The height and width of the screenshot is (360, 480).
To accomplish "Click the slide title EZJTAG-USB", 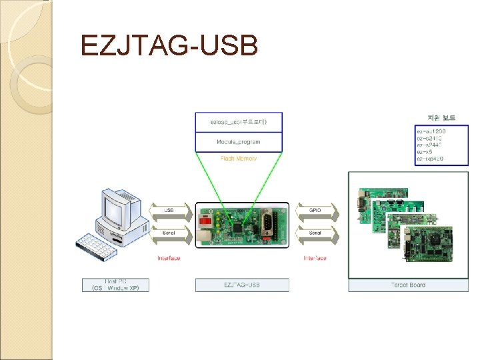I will coord(168,46).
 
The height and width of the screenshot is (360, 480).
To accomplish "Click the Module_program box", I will coord(238,142).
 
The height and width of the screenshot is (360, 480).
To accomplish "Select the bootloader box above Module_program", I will coord(238,122).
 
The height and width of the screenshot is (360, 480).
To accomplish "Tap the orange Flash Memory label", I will coord(238,158).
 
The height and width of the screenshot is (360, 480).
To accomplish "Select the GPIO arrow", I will coord(315,211).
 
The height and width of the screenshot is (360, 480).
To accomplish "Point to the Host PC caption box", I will coord(115,285).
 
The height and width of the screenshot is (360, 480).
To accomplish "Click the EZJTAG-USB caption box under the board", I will coord(242,285).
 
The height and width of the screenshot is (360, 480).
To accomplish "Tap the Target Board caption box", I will coord(408,285).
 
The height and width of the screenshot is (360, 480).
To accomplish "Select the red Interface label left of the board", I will coord(169,258).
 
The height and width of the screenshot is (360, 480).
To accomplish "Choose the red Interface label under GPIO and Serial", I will coord(315,258).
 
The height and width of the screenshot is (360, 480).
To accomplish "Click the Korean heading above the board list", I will coord(436,117).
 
